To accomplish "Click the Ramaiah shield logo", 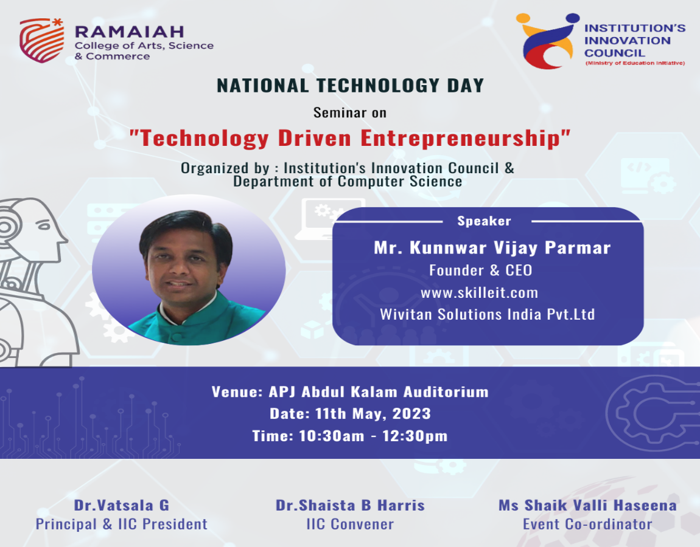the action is [41, 40].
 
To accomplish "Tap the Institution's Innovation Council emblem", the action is [548, 41].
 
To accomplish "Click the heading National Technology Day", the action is [351, 86].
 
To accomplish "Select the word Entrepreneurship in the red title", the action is [465, 138].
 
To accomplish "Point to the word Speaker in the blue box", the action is [484, 221].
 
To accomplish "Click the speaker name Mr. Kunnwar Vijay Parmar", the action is [492, 247].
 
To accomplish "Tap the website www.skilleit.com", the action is [479, 292].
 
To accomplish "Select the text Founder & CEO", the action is [480, 270].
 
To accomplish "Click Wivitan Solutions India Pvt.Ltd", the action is [487, 314].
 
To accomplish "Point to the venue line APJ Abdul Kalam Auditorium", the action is [379, 392].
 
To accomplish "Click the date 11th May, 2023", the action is [373, 414].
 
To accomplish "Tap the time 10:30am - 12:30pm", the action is [373, 436].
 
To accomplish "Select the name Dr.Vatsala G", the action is [121, 505].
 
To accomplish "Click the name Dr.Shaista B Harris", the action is [350, 505].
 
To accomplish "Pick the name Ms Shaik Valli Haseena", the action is [587, 505].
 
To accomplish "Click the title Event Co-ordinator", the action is [587, 525].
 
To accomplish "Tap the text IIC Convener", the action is [350, 525].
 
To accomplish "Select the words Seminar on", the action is [349, 113].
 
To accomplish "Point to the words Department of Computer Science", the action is [348, 182].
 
